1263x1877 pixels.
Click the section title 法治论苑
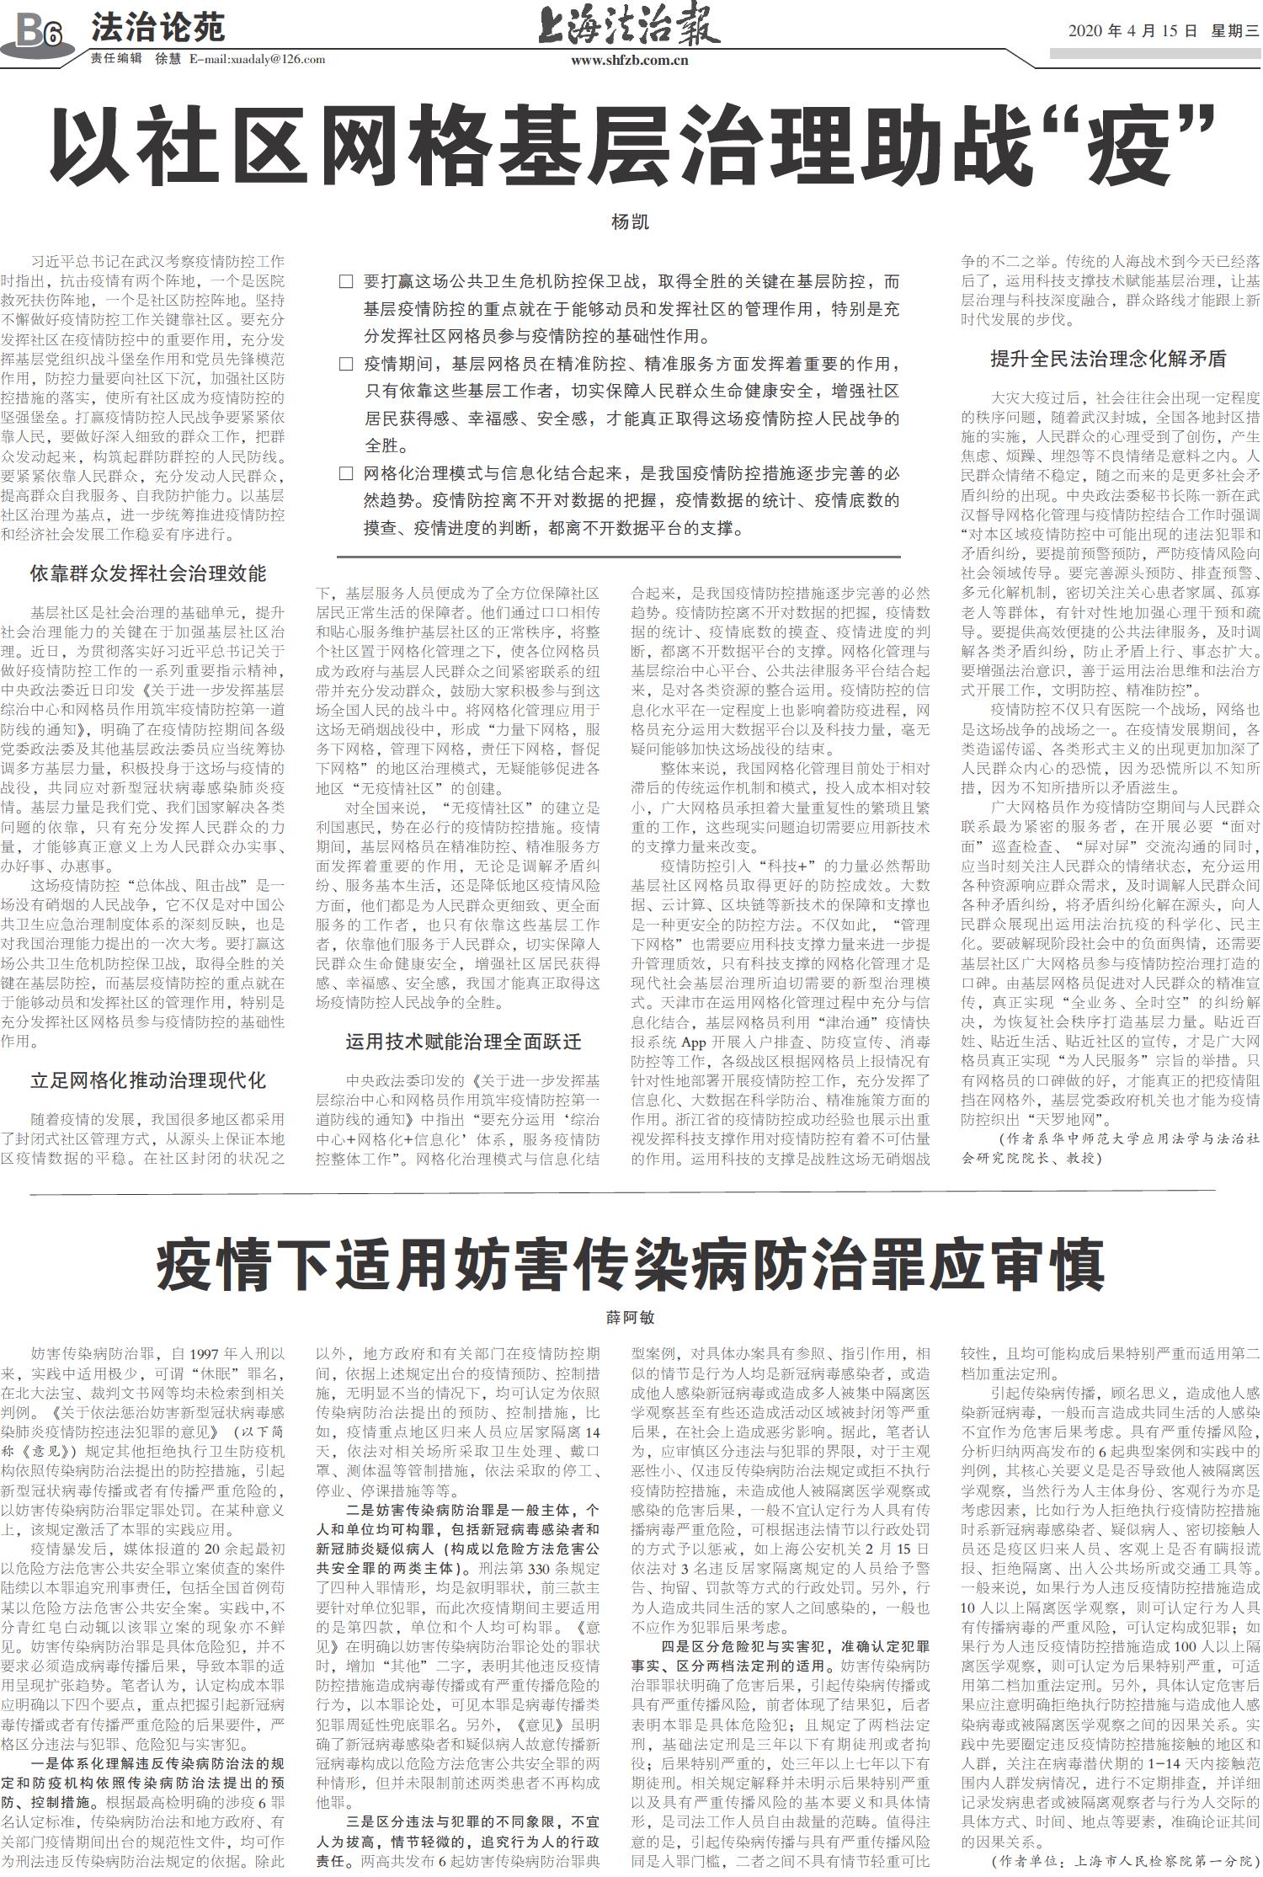[157, 29]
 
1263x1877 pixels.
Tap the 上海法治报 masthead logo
[629, 26]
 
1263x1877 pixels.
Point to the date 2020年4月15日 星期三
[1163, 31]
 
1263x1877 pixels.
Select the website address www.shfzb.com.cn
[629, 60]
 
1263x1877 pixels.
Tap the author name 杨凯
[630, 223]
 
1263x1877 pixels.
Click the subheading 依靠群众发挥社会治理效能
[148, 573]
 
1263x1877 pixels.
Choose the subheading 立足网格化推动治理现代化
[148, 1080]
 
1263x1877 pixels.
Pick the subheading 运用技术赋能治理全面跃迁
[463, 1042]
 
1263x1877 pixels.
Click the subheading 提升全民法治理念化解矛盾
[1108, 359]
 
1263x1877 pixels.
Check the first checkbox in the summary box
[345, 282]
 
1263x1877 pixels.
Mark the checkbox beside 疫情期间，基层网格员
[345, 365]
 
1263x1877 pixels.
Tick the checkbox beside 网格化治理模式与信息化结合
[345, 474]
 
